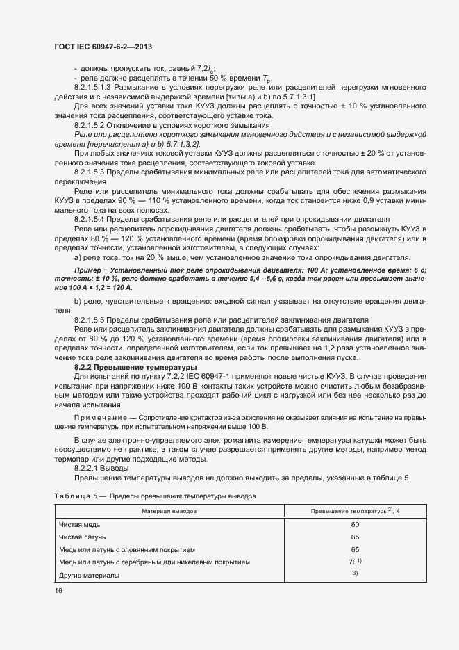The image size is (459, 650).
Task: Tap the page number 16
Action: pyautogui.click(x=58, y=590)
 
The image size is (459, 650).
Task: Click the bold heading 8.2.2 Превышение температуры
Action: pyautogui.click(x=135, y=366)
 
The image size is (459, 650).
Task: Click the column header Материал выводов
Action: pyautogui.click(x=169, y=511)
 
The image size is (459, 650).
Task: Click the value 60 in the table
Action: pyautogui.click(x=355, y=525)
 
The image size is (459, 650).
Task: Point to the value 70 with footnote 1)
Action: pyautogui.click(x=354, y=562)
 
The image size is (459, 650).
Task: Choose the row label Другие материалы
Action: pyautogui.click(x=89, y=575)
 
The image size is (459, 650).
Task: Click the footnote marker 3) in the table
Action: pyautogui.click(x=355, y=574)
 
